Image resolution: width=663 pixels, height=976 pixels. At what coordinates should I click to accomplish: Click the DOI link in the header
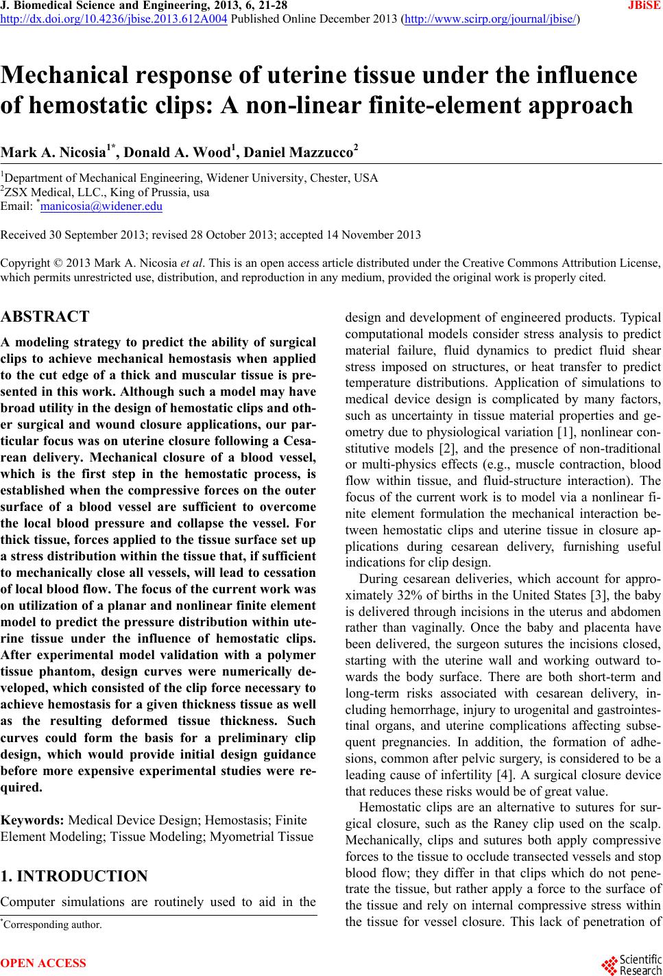tap(114, 19)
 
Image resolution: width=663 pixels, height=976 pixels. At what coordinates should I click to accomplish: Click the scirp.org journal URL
tap(491, 19)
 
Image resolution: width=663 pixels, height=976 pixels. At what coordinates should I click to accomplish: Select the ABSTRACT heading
tap(45, 317)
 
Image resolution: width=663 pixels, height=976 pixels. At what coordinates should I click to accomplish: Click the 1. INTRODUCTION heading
tap(74, 876)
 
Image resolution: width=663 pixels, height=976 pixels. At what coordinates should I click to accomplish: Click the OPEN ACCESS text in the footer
tap(44, 963)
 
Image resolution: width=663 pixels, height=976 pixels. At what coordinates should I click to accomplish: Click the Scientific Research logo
tap(630, 963)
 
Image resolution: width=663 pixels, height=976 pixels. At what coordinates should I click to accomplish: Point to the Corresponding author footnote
tap(53, 925)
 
